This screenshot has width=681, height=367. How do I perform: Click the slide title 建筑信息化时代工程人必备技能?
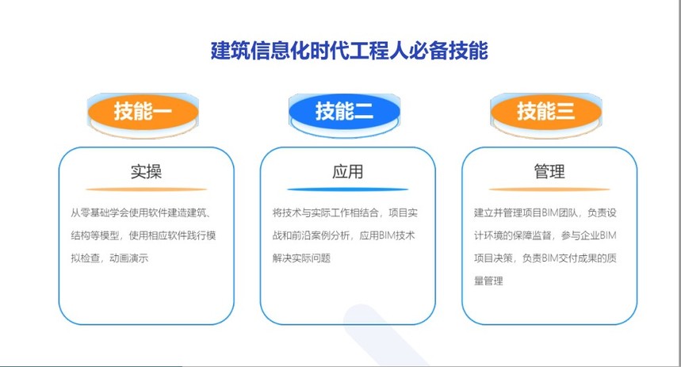pos(349,51)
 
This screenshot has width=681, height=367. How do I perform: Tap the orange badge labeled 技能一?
pos(143,111)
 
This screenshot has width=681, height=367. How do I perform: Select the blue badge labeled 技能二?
pos(344,111)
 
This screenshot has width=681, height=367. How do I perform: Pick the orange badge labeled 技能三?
pos(546,111)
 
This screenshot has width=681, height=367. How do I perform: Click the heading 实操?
pos(147,171)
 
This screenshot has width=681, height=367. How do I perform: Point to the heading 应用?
pos(347,171)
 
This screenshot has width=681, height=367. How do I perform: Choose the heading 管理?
pos(549,171)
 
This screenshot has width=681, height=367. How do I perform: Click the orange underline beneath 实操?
pos(147,189)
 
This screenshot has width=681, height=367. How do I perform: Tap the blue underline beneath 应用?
pos(347,189)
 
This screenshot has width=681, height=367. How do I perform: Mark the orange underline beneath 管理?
pos(549,189)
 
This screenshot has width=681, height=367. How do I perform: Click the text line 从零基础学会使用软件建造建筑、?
pos(140,212)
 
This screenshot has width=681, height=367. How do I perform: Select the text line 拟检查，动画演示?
pos(109,258)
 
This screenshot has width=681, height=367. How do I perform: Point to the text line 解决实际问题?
pos(301,258)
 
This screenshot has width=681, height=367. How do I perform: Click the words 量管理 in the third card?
pos(488,281)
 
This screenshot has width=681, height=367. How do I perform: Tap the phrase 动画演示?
pos(129,258)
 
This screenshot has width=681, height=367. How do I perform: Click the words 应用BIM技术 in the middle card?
pos(387,235)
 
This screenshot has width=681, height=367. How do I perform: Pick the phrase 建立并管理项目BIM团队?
pos(526,212)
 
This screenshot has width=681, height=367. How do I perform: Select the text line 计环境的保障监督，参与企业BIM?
pos(545,235)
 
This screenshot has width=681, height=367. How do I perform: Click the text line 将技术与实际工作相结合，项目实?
pos(345,212)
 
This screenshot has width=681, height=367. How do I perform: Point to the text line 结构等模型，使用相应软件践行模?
pos(143,235)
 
